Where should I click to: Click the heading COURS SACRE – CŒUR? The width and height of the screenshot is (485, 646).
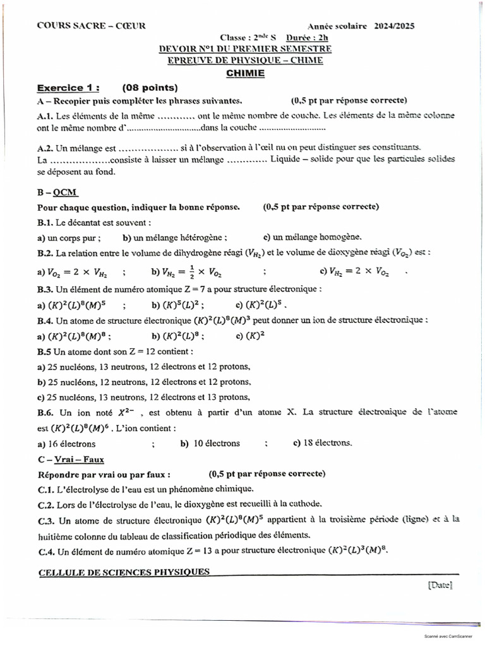coord(91,26)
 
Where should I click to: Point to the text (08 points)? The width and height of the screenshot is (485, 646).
coord(150,88)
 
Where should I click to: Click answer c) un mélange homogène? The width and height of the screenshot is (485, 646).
coord(313,237)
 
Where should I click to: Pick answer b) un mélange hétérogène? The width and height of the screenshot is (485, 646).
coord(176,237)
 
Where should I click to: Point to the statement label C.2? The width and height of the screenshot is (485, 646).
coord(45,503)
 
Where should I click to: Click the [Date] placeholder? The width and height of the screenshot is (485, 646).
coord(440,585)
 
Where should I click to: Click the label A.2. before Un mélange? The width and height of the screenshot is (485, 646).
coord(45,148)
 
